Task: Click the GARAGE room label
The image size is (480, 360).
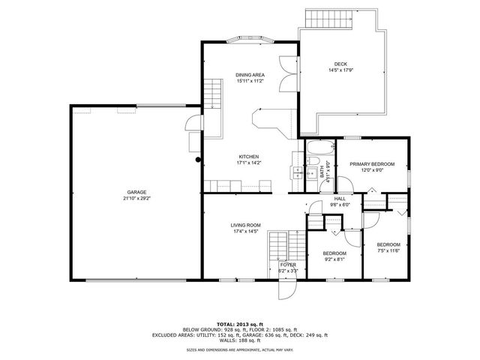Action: tap(136, 191)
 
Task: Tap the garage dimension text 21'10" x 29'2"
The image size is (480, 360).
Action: tap(136, 198)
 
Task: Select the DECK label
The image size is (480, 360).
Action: tap(340, 64)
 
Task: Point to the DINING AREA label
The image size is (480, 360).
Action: tap(249, 74)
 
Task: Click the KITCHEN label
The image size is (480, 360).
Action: tap(249, 156)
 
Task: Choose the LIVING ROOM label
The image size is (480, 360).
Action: tap(244, 224)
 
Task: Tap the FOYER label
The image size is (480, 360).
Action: tap(288, 265)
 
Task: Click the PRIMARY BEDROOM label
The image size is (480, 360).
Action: tap(372, 163)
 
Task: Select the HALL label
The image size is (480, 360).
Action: tap(340, 198)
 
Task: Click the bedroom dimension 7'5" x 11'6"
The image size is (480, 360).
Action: tap(388, 251)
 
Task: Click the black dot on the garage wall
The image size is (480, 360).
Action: tap(198, 159)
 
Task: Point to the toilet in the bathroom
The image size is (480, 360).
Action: tap(315, 164)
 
